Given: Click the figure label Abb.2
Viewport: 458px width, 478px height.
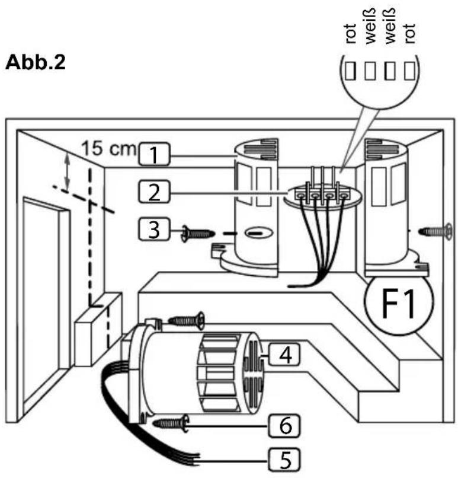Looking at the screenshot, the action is (x=36, y=62).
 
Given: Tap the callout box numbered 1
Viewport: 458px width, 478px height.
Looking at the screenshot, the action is (x=154, y=154).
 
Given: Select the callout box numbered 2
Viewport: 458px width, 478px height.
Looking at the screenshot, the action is (x=154, y=192).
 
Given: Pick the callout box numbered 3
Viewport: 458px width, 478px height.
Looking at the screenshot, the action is (x=154, y=229).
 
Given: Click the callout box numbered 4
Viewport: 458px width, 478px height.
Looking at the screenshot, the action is (x=284, y=354).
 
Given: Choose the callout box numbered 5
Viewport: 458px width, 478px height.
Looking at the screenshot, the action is (x=284, y=460).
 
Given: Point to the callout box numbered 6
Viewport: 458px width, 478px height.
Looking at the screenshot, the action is (x=284, y=426).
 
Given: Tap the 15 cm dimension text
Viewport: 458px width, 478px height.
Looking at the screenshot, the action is (x=108, y=148).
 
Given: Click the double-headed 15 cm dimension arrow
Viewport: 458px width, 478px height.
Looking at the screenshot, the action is (x=68, y=171).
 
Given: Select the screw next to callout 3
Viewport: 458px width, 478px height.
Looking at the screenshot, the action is (x=198, y=234).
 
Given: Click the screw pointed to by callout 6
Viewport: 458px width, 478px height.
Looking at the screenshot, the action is (x=171, y=423).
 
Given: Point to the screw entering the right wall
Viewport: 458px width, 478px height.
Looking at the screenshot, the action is (x=435, y=232).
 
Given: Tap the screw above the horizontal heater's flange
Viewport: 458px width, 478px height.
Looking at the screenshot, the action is (x=187, y=320).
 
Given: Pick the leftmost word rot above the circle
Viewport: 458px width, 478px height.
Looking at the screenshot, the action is (x=351, y=34).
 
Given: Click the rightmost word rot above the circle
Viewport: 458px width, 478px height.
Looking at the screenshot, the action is (x=409, y=34).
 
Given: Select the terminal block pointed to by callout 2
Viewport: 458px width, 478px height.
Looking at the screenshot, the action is (x=323, y=194).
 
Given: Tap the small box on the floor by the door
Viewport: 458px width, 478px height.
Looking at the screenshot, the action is (x=98, y=329).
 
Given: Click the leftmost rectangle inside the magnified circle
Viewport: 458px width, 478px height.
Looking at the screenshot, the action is (x=351, y=71).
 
